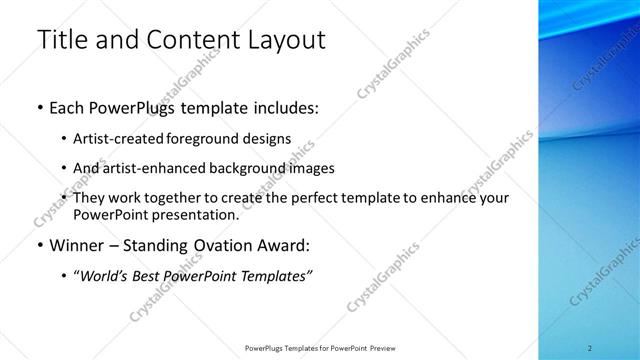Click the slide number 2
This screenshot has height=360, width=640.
[589, 348]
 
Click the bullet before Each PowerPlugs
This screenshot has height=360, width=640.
[39, 108]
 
